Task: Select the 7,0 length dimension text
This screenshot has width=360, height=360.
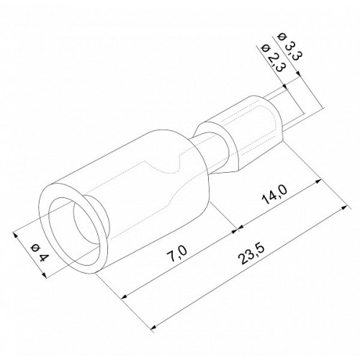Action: pyautogui.click(x=177, y=253)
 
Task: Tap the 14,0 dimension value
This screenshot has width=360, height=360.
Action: pyautogui.click(x=274, y=195)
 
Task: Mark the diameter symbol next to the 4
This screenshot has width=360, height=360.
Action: pyautogui.click(x=35, y=248)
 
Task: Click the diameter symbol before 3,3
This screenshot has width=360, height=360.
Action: pyautogui.click(x=282, y=37)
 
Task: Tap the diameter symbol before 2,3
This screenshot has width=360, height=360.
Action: pyautogui.click(x=265, y=49)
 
